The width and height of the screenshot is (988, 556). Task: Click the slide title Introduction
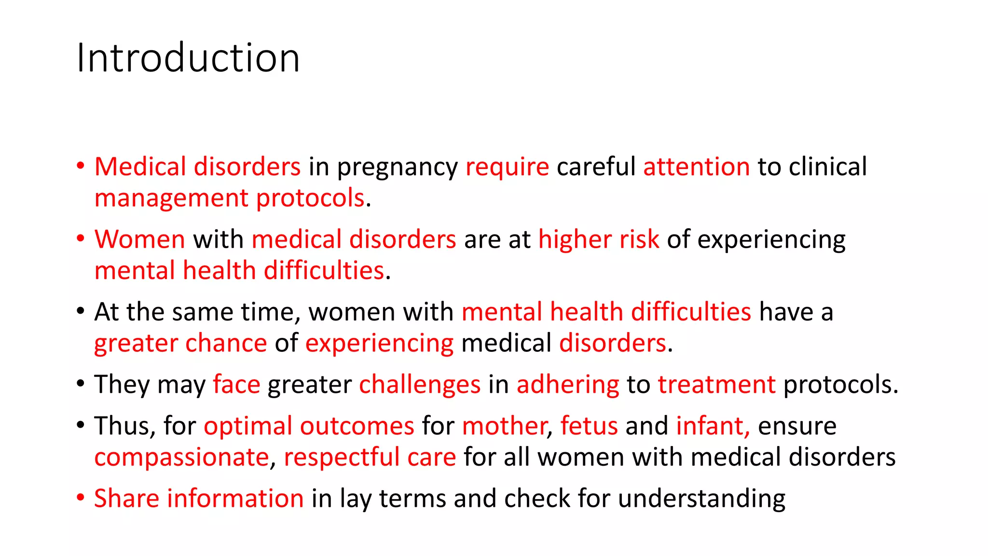[x=188, y=58]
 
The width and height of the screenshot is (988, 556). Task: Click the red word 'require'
[x=507, y=167]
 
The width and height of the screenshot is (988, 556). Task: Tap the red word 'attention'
[x=696, y=167]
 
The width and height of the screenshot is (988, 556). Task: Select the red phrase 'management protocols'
[x=229, y=198]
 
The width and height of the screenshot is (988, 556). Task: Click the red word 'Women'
[x=140, y=239]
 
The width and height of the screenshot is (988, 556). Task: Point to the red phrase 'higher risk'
[x=598, y=239]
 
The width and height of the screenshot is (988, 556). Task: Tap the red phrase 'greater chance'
[x=180, y=344]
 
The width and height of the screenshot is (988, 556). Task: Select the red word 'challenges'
[x=420, y=385]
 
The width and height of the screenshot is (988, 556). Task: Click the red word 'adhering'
[x=568, y=385]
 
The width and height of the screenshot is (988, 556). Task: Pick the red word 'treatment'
[x=716, y=385]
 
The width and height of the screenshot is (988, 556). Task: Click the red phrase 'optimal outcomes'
[x=309, y=427]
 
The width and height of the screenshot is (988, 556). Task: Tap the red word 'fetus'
[x=589, y=426]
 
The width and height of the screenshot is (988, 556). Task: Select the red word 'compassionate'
[x=181, y=458]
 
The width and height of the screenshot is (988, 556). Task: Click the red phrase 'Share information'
[x=199, y=499]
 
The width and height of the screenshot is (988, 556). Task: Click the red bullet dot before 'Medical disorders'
[x=81, y=166]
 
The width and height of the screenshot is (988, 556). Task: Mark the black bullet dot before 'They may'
[x=81, y=384]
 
